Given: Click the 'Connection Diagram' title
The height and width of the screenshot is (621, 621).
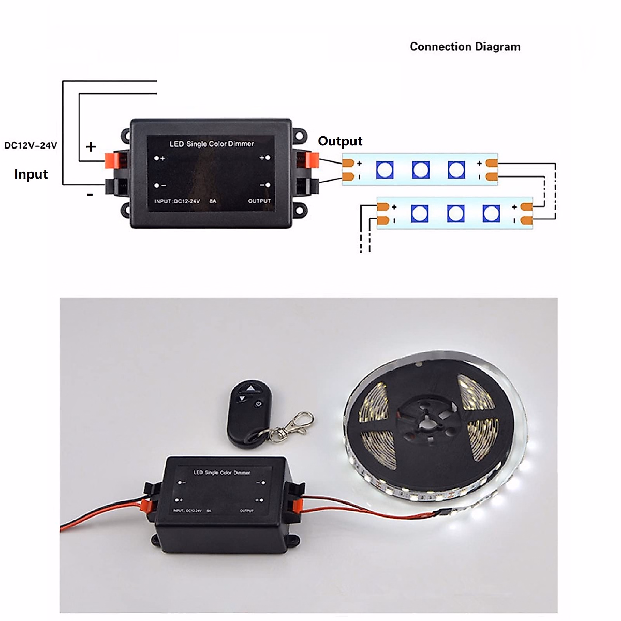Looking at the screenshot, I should (x=465, y=47).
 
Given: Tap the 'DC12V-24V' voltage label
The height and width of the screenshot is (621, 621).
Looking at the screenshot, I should (x=31, y=145).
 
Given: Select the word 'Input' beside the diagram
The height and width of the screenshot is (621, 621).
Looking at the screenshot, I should (x=31, y=174).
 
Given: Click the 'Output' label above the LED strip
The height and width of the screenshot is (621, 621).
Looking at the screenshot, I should (x=340, y=141).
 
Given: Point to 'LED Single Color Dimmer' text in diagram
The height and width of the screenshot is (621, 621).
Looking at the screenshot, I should (x=212, y=144).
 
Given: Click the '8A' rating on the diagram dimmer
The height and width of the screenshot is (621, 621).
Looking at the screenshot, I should (x=213, y=201).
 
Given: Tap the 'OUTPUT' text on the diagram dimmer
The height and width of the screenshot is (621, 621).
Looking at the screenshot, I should (x=259, y=201).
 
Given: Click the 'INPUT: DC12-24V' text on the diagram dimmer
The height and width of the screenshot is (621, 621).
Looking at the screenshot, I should (x=177, y=201).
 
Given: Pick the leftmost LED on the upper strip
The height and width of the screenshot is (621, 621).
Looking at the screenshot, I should (x=385, y=169).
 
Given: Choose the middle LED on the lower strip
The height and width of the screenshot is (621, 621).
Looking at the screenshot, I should (x=455, y=213).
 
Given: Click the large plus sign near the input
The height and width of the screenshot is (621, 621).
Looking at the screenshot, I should (x=91, y=146).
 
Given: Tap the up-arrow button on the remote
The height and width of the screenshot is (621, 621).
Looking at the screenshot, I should (x=251, y=388).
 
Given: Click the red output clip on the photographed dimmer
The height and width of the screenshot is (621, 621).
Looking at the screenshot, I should (x=296, y=504).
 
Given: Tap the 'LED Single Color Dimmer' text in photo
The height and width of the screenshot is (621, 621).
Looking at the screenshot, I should (x=221, y=472).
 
